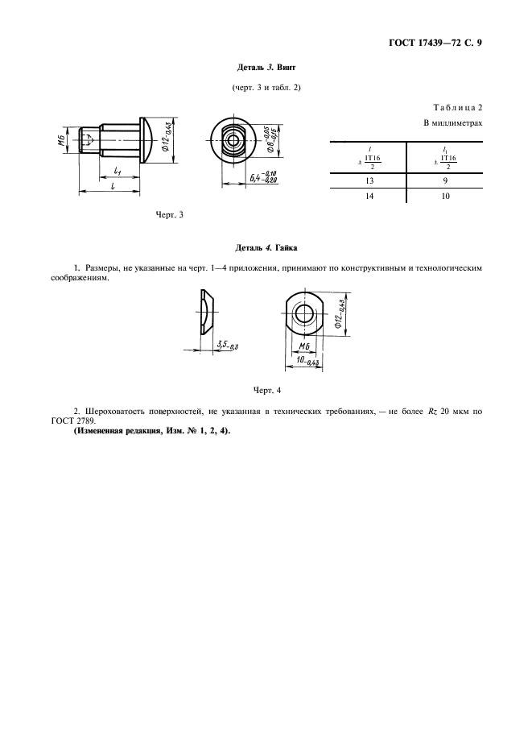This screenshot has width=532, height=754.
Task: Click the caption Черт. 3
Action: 170,214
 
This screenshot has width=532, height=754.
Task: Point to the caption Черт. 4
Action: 266,390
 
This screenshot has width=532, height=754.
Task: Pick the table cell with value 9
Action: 444,180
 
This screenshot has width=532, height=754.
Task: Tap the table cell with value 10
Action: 444,196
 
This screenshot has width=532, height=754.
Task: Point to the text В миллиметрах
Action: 452,123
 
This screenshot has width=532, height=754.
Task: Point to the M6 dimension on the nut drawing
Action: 304,346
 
